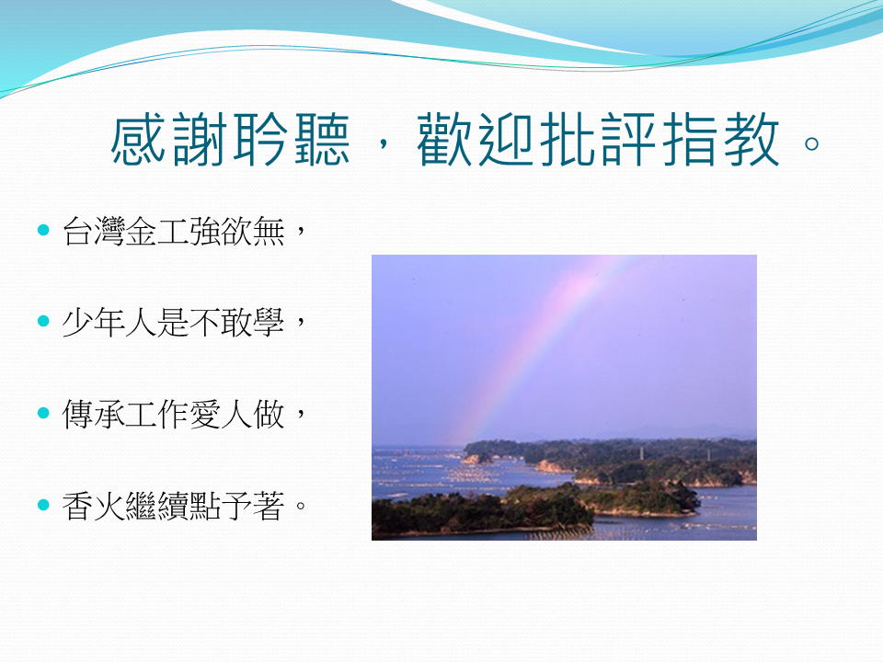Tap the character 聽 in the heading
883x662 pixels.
click(x=322, y=139)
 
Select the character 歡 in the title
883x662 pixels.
click(x=444, y=139)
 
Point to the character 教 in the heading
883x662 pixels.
click(x=751, y=139)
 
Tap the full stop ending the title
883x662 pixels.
click(x=811, y=143)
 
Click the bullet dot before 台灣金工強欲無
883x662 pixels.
click(x=43, y=230)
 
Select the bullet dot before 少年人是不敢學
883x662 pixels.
click(x=43, y=321)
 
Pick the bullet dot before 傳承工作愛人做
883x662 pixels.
click(x=43, y=413)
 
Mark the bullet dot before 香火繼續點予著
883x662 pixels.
click(x=43, y=505)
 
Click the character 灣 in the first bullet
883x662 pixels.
click(x=109, y=231)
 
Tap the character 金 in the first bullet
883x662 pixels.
click(x=141, y=231)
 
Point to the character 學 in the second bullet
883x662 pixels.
click(x=269, y=322)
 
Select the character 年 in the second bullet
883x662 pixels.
click(x=109, y=322)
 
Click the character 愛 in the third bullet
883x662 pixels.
click(x=205, y=414)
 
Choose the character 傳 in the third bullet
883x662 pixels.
click(x=77, y=414)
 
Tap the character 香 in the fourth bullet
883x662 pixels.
click(x=77, y=506)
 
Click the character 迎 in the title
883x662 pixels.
click(x=506, y=139)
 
